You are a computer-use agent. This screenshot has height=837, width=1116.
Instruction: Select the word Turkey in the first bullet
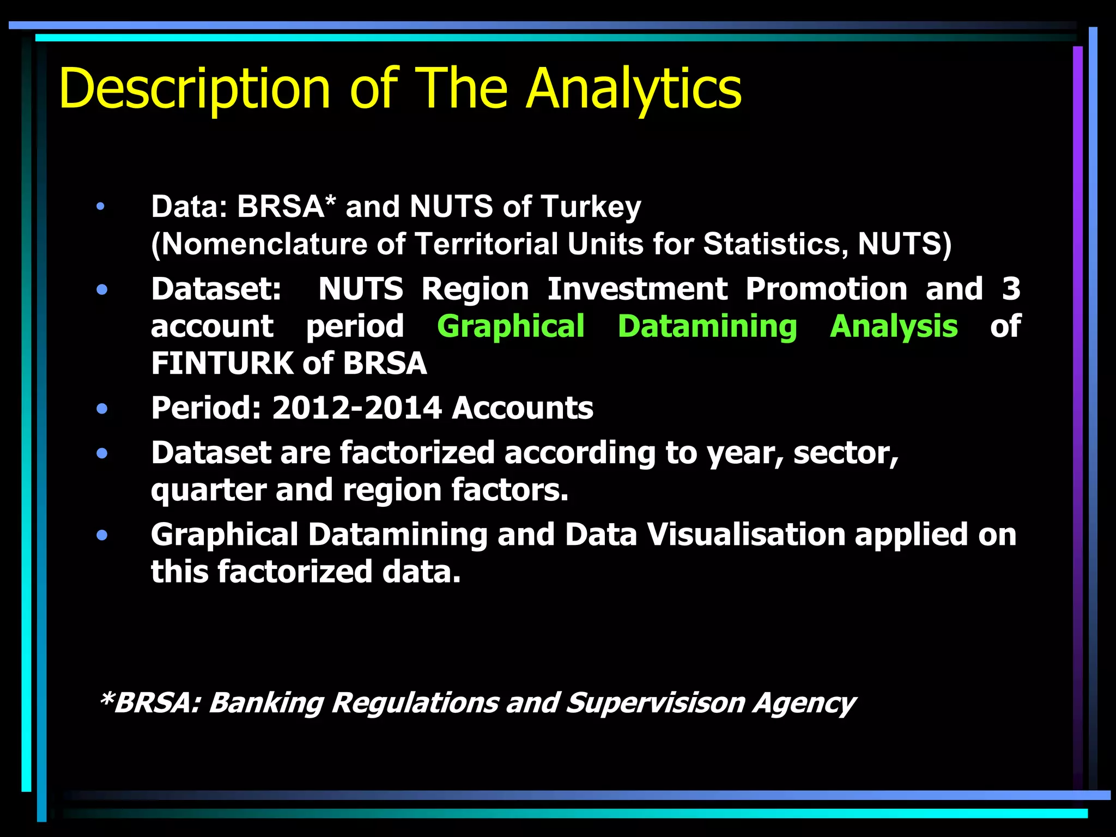click(591, 207)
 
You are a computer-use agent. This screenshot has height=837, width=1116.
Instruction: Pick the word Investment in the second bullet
click(637, 289)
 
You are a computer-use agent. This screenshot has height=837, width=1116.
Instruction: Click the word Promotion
click(826, 289)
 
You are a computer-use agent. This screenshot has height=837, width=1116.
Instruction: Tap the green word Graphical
click(511, 326)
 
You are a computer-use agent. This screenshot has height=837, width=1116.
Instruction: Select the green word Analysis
click(893, 326)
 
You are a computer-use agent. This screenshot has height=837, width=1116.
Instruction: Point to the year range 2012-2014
click(356, 408)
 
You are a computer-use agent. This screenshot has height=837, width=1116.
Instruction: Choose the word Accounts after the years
click(523, 408)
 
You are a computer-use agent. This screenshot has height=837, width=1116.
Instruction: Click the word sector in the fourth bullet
click(845, 453)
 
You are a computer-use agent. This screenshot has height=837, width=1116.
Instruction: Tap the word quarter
click(209, 490)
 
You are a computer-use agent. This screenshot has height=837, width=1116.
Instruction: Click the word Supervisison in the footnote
click(655, 703)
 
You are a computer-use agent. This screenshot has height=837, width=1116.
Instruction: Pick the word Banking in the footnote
click(266, 703)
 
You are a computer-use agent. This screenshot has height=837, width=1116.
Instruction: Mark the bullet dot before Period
click(102, 409)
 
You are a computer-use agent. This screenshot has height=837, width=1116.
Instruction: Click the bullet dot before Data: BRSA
click(100, 207)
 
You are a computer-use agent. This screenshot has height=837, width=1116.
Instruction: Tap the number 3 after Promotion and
click(1011, 289)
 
